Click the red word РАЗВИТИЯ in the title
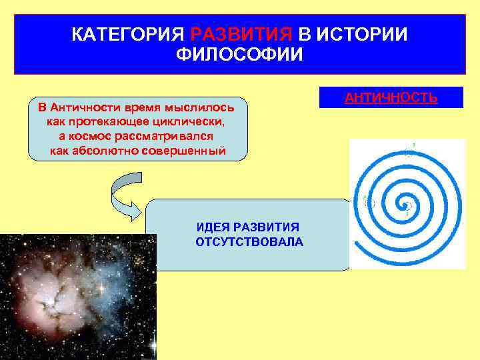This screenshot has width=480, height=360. (x=241, y=34)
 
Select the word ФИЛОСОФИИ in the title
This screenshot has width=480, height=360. (x=239, y=54)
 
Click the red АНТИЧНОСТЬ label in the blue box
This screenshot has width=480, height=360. (x=391, y=98)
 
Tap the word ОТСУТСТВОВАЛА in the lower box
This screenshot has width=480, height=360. (x=249, y=241)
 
